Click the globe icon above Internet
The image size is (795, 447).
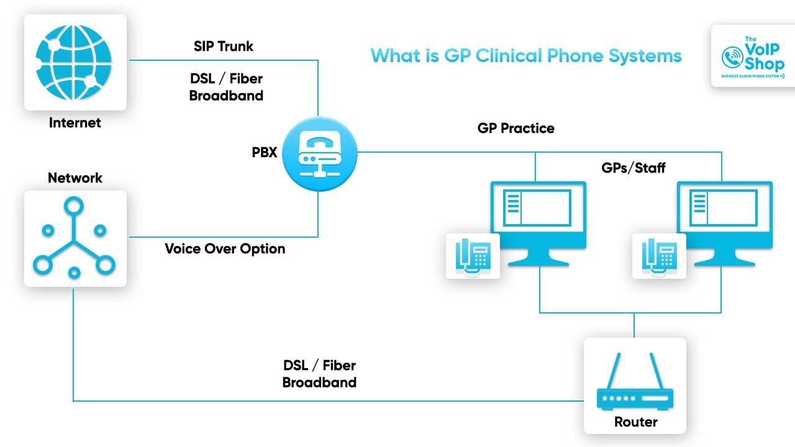click(x=75, y=62)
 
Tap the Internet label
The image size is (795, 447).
click(x=75, y=122)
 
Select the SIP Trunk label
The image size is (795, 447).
click(x=224, y=47)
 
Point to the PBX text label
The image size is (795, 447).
click(x=265, y=152)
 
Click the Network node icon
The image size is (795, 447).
click(x=75, y=238)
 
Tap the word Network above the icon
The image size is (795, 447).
click(x=75, y=178)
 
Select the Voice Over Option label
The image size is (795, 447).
click(x=225, y=249)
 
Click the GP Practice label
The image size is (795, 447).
click(x=516, y=129)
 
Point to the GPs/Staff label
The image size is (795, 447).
click(x=634, y=168)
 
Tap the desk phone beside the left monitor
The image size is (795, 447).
click(x=473, y=256)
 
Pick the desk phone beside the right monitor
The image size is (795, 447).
click(x=659, y=256)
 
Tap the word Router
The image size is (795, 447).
click(x=635, y=422)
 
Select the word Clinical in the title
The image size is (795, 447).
click(x=509, y=56)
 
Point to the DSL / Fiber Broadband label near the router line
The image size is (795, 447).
click(x=319, y=374)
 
